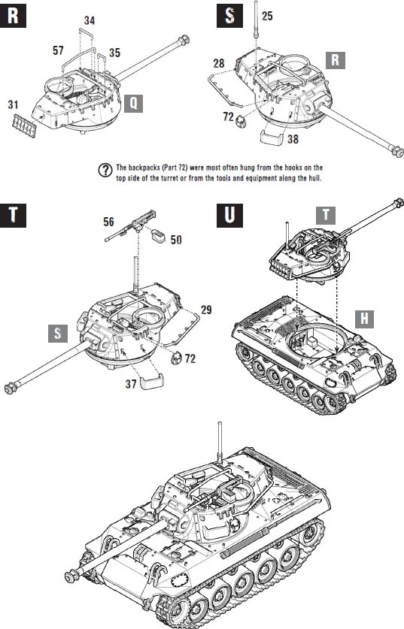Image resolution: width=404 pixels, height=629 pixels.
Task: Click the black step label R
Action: tap(14, 16)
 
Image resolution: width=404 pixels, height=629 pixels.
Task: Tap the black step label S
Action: tap(229, 16)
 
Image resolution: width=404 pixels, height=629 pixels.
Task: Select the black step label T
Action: tap(14, 216)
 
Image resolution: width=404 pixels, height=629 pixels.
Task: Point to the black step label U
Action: tap(229, 216)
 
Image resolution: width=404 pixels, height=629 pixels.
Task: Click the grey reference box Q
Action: tap(133, 104)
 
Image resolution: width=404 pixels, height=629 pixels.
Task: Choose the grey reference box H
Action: tap(365, 319)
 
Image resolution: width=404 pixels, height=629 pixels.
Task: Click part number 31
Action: tap(14, 104)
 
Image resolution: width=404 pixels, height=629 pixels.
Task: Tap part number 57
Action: tap(58, 50)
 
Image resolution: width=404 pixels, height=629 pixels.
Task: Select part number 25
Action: tap(267, 16)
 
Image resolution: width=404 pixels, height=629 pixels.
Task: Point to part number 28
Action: tap(219, 63)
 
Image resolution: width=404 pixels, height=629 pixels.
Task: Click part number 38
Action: tap(293, 139)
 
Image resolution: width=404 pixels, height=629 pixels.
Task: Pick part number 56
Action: tap(108, 222)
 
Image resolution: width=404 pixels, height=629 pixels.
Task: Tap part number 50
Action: tap(176, 240)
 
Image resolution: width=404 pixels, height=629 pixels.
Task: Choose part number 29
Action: tap(206, 310)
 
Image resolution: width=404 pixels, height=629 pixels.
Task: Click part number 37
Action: tap(131, 384)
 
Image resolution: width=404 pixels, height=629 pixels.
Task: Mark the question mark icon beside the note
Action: tap(105, 171)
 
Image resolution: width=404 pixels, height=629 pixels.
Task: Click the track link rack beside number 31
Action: tap(23, 125)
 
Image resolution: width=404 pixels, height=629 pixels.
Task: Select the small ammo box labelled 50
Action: tap(157, 235)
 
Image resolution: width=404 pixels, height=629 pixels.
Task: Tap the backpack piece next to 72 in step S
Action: tap(240, 121)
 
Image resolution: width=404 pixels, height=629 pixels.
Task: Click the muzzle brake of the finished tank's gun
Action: tap(71, 576)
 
